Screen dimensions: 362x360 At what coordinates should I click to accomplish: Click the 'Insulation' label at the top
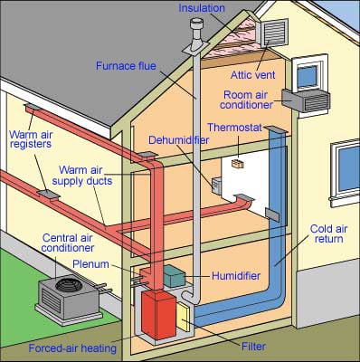point(201,8)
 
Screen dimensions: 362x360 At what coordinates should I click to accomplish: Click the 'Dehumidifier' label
point(179,142)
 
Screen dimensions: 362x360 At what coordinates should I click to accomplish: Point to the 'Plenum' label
point(90,264)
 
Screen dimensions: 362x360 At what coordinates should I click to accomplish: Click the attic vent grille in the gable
point(272,33)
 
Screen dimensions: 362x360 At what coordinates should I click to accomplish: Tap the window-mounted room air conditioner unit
point(306,100)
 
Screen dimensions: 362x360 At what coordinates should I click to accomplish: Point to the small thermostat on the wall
point(237,164)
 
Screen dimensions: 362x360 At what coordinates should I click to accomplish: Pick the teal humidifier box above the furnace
point(174,272)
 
